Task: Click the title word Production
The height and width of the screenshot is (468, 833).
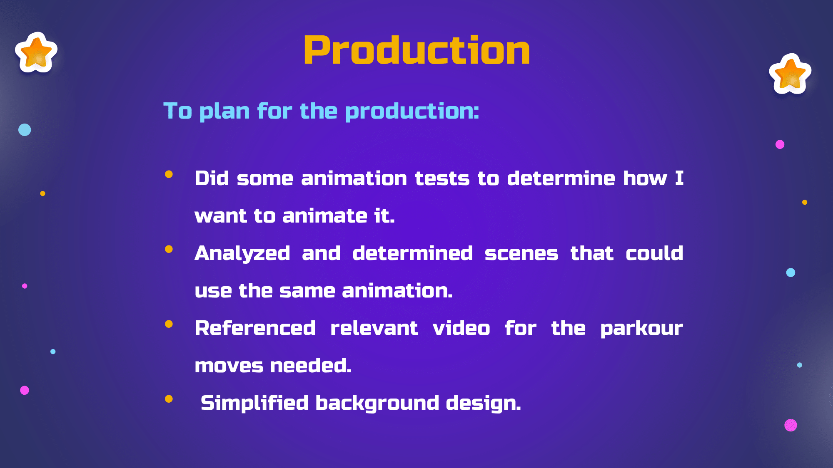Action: [417, 50]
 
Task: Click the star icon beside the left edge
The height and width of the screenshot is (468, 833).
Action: [36, 52]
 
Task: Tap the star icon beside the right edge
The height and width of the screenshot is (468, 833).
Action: [790, 74]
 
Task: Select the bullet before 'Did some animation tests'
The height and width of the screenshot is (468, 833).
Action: [169, 174]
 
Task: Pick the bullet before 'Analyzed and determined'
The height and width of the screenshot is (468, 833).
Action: [169, 249]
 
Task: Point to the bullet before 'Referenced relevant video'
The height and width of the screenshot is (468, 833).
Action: [169, 324]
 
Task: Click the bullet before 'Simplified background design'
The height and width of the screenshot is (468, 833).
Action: [169, 399]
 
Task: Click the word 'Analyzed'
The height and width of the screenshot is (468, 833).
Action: [242, 254]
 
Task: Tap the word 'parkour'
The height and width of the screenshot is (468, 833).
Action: [642, 329]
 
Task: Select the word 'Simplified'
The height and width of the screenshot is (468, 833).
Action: [254, 403]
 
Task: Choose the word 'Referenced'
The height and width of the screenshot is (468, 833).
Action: [255, 328]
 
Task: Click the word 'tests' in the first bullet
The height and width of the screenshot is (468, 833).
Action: [442, 179]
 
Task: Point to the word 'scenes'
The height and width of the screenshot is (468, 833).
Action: [521, 254]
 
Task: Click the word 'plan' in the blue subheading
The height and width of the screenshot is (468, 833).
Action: [224, 111]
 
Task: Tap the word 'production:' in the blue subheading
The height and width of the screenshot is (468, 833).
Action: [412, 111]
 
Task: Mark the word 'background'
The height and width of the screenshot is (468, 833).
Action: [377, 403]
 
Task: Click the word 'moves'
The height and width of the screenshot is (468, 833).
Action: [229, 366]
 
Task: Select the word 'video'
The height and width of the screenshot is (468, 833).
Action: [461, 328]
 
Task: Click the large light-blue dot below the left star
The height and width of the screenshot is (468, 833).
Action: [25, 130]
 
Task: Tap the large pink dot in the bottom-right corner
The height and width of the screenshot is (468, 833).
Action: [791, 425]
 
